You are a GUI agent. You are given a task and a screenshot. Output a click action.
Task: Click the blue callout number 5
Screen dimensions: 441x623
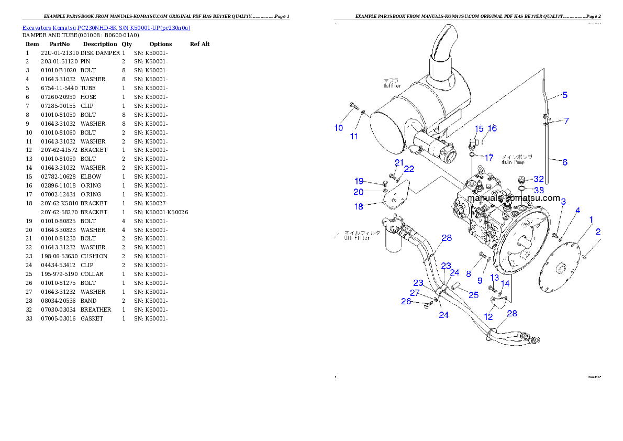click(565, 95)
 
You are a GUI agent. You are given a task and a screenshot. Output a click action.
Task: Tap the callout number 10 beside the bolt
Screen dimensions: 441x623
click(339, 128)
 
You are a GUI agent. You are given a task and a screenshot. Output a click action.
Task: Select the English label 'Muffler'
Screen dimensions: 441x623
click(392, 85)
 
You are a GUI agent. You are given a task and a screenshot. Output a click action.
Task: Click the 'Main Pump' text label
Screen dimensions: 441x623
click(513, 162)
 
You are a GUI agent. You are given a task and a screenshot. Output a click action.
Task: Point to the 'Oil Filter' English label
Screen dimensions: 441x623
click(357, 238)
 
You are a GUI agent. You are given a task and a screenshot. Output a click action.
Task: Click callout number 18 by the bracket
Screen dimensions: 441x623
click(359, 207)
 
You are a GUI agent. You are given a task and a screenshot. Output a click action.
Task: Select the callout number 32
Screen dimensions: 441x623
click(539, 179)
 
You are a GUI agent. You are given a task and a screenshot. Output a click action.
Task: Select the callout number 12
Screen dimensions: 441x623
click(488, 316)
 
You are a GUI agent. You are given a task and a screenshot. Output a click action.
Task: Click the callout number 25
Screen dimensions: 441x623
click(473, 295)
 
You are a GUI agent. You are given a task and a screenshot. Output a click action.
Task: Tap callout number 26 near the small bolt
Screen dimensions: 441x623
click(406, 301)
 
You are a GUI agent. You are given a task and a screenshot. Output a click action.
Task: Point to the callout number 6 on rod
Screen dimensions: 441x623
click(565, 162)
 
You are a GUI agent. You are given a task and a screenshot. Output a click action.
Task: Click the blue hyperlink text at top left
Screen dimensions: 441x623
click(106, 27)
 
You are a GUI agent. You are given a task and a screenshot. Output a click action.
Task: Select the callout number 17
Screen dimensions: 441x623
click(488, 157)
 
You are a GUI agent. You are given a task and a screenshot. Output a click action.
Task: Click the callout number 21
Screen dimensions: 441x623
click(399, 162)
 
